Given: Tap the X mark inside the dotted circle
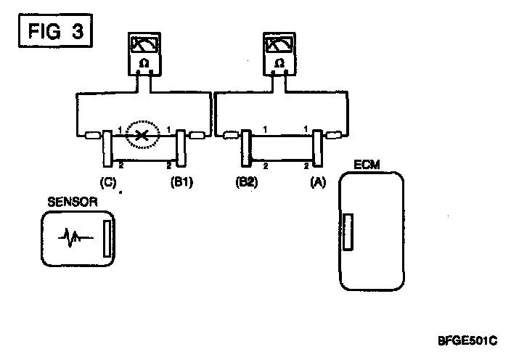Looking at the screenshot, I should (143, 135).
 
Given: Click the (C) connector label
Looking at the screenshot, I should (109, 183).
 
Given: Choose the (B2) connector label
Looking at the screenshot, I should (246, 183).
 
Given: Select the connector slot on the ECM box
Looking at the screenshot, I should (349, 232).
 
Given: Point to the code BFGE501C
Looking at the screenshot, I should (467, 339).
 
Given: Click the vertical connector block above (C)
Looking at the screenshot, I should (107, 147).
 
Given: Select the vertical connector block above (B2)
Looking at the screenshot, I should (246, 147).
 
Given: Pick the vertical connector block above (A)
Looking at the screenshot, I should (317, 147).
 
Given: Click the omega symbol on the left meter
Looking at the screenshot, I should (143, 64).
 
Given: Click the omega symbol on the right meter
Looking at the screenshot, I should (279, 64).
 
